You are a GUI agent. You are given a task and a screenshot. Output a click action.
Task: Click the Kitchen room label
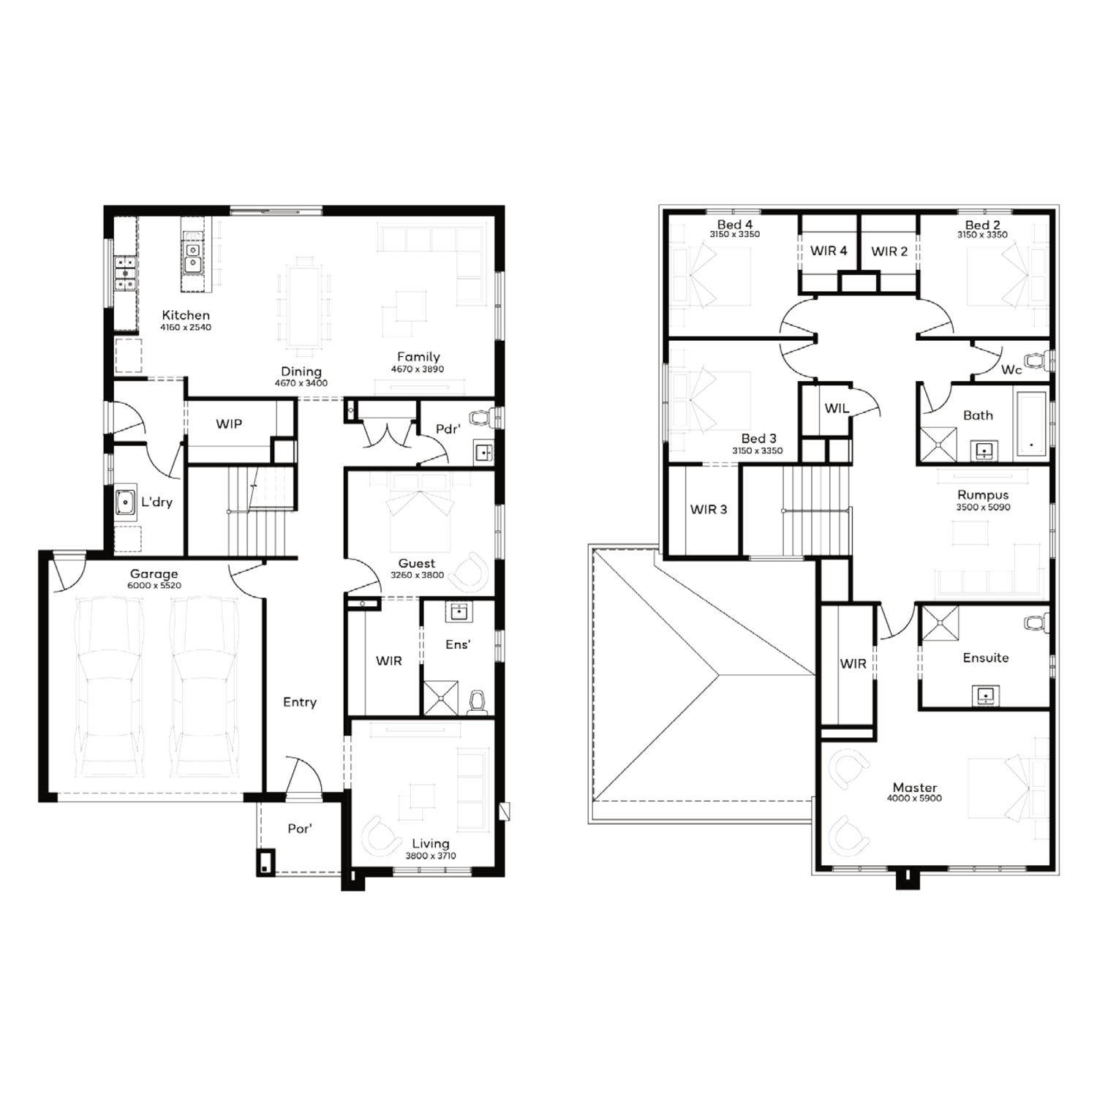point(186,315)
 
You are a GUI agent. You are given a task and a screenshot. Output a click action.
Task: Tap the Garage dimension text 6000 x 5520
point(154,586)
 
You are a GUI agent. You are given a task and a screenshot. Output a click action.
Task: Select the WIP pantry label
point(229,424)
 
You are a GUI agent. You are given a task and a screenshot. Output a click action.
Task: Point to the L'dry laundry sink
point(126,502)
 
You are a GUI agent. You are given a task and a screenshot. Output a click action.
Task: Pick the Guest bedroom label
point(417,563)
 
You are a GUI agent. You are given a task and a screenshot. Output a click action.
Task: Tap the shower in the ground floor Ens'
point(442,698)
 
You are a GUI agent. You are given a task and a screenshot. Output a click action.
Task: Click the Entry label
point(300,702)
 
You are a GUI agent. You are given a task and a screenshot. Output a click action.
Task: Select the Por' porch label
point(300,829)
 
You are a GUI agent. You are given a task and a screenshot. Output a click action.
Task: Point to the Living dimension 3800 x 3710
point(431,856)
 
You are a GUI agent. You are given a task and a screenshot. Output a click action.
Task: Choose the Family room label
point(418,357)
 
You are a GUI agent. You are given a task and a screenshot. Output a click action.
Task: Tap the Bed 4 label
point(734,225)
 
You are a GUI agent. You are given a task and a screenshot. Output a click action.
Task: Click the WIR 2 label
point(889,252)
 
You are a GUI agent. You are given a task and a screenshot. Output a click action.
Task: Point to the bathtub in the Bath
point(1030,423)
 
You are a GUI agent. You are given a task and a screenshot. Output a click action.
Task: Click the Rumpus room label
point(983,495)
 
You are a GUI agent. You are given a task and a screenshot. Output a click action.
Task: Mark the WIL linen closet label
point(837,408)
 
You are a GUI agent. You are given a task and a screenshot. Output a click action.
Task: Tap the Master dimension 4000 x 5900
point(915,799)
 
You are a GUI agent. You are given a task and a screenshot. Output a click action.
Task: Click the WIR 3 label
point(709,509)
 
